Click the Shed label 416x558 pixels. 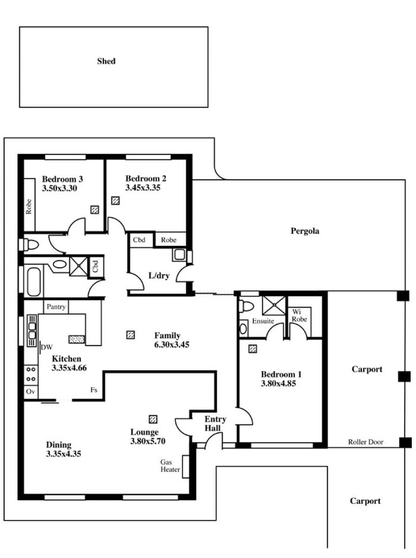(106, 61)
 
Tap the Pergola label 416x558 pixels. (305, 231)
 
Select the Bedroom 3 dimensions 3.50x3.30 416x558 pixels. (59, 188)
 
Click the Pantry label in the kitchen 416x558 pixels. (56, 307)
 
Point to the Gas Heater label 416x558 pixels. (170, 466)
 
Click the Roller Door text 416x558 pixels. (366, 442)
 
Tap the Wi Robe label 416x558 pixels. (299, 316)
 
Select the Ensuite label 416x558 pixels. (263, 321)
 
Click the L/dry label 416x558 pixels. (159, 275)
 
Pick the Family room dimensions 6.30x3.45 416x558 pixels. (172, 344)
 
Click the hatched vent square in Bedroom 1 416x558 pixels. (253, 349)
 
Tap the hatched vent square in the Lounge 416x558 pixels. (153, 419)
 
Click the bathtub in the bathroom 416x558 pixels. (33, 282)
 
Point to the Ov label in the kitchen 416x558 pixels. (31, 391)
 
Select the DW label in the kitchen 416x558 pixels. (47, 348)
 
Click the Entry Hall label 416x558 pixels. (215, 423)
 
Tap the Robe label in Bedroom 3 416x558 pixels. (29, 206)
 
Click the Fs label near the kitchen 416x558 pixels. (94, 390)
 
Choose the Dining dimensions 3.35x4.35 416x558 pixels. (63, 454)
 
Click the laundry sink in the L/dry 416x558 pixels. (179, 254)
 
